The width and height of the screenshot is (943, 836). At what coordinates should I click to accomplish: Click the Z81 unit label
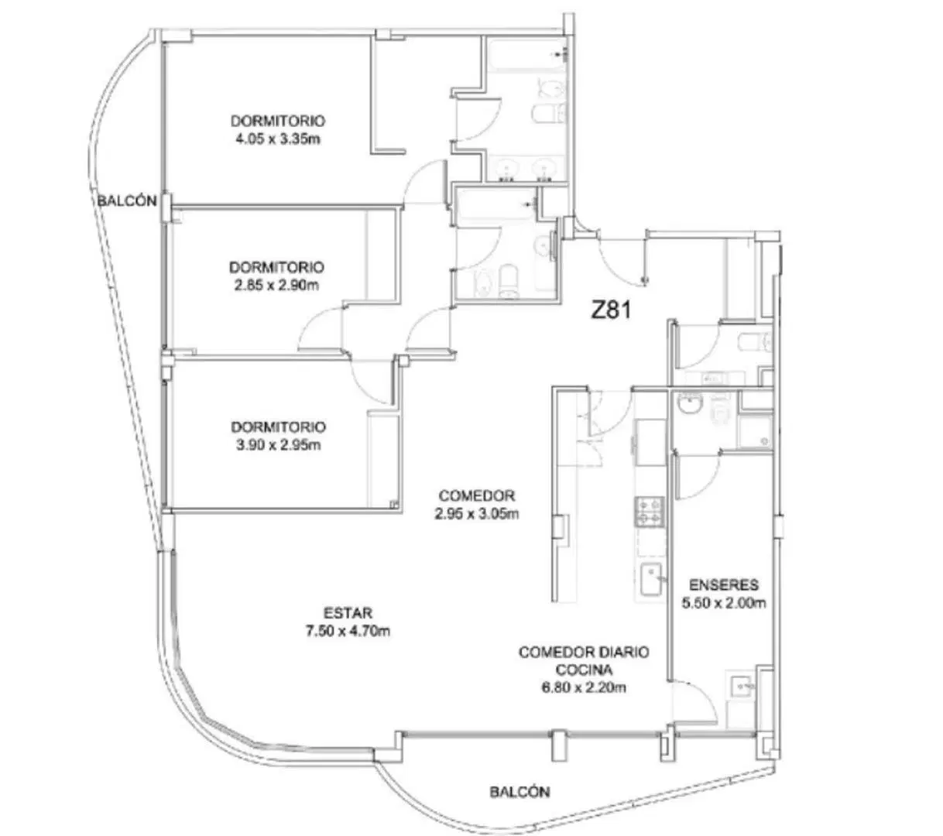click(611, 310)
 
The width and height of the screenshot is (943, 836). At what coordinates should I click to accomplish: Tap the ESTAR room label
click(348, 612)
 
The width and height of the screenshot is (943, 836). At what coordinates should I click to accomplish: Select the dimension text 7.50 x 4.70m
click(348, 631)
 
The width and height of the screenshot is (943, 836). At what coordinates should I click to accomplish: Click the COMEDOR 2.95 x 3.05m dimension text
click(477, 513)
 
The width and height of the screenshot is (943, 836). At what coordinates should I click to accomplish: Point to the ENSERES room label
click(724, 584)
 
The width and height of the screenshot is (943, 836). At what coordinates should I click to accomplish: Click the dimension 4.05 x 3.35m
click(278, 139)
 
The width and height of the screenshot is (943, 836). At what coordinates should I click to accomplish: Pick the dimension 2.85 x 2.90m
click(276, 285)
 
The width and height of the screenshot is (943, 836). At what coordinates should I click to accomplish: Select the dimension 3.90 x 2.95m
click(279, 444)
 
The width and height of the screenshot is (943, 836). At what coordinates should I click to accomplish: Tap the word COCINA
click(584, 670)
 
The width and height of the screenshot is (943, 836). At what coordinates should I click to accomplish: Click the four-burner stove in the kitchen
click(650, 512)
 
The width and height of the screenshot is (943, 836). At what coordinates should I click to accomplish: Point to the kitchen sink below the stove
click(651, 579)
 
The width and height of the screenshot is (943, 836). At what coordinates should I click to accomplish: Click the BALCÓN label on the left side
click(127, 201)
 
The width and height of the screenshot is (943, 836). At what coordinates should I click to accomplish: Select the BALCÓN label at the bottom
click(520, 791)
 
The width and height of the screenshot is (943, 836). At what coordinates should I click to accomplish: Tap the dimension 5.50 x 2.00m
click(724, 603)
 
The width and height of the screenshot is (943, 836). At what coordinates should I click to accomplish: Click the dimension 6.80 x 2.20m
click(584, 687)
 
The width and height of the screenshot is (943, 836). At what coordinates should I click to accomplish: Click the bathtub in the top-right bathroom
click(526, 54)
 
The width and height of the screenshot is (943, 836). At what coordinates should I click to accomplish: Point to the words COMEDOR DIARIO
click(584, 652)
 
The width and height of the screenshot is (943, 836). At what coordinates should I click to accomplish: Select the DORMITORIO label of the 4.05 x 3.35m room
click(278, 121)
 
